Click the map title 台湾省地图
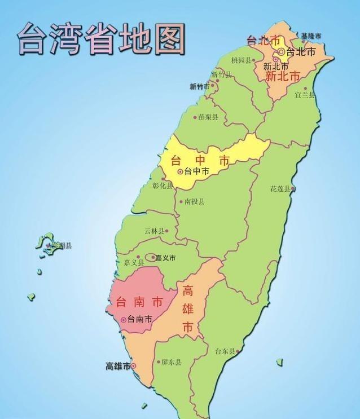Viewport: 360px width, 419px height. pyautogui.click(x=102, y=38)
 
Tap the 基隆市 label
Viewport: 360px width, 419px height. pyautogui.click(x=311, y=36)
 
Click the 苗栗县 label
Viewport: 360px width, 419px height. pyautogui.click(x=208, y=117)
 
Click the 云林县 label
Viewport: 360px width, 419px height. pyautogui.click(x=155, y=231)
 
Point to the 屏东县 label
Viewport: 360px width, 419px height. pyautogui.click(x=171, y=363)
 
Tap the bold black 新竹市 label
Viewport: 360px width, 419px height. pyautogui.click(x=199, y=86)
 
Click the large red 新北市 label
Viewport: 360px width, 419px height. pyautogui.click(x=282, y=76)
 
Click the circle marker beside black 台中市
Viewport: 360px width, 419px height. pyautogui.click(x=181, y=171)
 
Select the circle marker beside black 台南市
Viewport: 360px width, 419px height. pyautogui.click(x=124, y=320)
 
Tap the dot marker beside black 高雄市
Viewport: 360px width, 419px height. pyautogui.click(x=134, y=366)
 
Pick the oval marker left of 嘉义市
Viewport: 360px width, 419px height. pyautogui.click(x=151, y=258)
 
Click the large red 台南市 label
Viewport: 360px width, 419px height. pyautogui.click(x=137, y=302)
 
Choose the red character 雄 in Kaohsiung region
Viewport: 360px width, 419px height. pyautogui.click(x=188, y=309)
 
